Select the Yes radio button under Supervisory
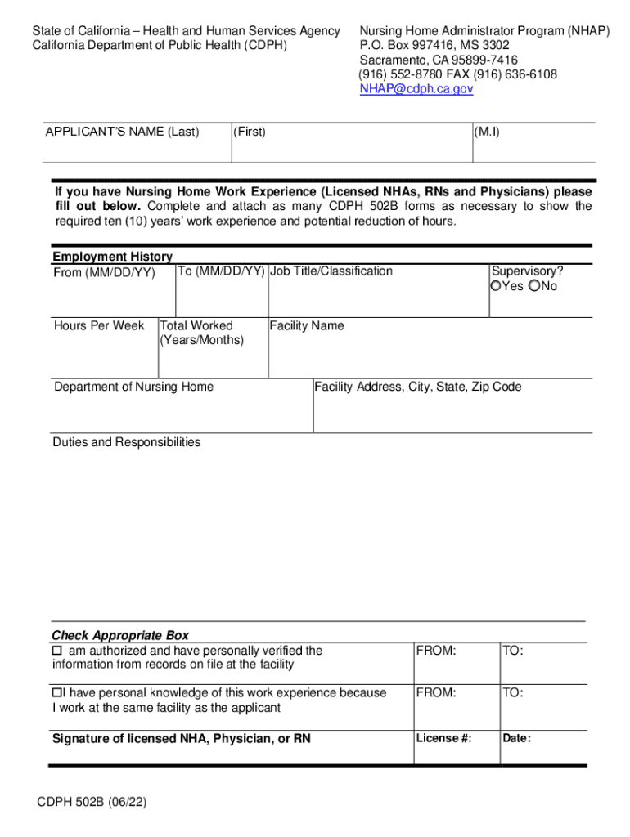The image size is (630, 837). [495, 286]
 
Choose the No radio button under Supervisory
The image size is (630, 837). [534, 286]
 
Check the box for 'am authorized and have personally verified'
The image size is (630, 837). [57, 651]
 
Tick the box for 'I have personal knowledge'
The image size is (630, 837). [57, 693]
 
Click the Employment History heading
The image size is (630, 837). [112, 257]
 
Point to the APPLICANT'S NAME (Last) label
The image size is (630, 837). [122, 132]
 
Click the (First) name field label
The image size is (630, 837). [250, 132]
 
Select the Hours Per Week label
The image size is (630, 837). [99, 326]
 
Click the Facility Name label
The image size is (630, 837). [307, 326]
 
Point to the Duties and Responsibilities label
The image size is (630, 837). [126, 442]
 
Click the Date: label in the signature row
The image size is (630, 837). [517, 739]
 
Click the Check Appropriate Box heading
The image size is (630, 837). [120, 636]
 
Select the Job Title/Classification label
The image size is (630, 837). [331, 271]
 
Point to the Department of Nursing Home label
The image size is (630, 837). [133, 387]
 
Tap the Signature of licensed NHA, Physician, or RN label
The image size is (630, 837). [182, 739]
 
